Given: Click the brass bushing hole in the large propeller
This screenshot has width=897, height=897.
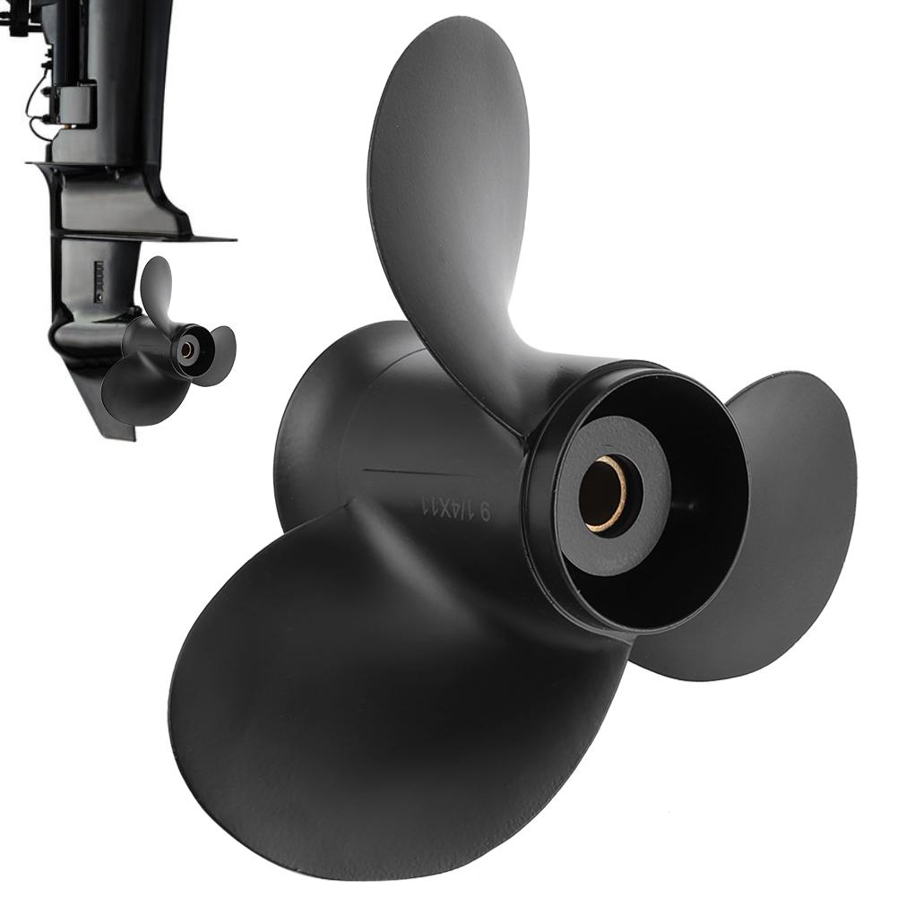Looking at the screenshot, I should pyautogui.click(x=602, y=494).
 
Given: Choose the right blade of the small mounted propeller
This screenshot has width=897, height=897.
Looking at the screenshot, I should pyautogui.click(x=220, y=355).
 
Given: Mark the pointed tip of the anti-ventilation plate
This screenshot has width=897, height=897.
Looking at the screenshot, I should pyautogui.click(x=229, y=239).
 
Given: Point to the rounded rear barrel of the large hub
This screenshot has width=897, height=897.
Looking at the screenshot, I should pyautogui.click(x=314, y=421).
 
